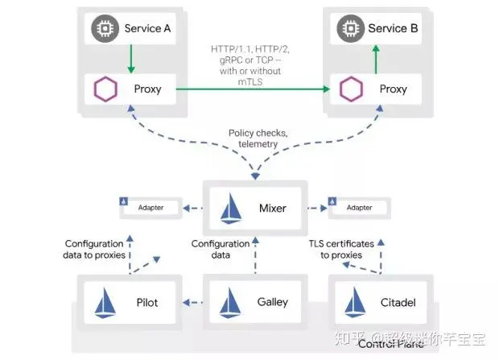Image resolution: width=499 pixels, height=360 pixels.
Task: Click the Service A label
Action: [148, 28]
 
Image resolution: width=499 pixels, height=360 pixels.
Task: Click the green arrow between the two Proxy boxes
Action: [249, 89]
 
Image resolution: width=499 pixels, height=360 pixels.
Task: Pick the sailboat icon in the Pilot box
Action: [107, 303]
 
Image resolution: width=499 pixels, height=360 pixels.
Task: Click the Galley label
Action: [272, 303]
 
